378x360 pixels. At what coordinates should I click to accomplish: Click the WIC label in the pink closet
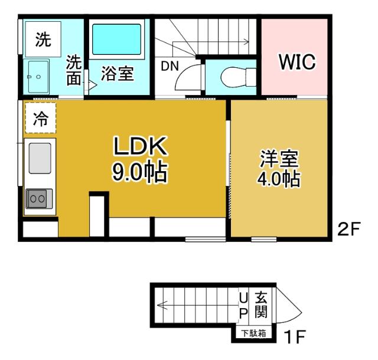click(297, 62)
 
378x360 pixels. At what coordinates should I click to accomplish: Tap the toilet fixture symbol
click(238, 77)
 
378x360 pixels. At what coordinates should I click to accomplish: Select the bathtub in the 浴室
click(117, 40)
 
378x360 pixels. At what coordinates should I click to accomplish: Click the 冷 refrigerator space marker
click(41, 118)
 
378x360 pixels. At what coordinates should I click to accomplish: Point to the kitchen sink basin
click(40, 158)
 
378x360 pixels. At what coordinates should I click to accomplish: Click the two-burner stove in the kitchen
click(39, 199)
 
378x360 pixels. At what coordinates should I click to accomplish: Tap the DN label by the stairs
click(170, 66)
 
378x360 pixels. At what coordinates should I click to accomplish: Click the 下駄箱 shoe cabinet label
click(254, 333)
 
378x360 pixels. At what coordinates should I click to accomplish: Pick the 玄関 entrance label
click(261, 305)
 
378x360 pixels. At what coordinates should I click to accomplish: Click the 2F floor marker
click(348, 229)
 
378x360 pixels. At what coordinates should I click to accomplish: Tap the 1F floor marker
click(295, 337)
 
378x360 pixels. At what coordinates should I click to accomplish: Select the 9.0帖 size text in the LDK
click(139, 171)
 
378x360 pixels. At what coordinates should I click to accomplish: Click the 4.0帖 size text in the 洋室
click(279, 179)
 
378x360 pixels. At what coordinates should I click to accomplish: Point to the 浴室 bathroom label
click(118, 73)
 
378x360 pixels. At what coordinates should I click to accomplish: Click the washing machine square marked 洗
click(43, 40)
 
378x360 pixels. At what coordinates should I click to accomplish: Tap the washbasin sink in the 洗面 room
click(38, 77)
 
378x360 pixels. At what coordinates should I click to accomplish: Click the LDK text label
click(140, 146)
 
